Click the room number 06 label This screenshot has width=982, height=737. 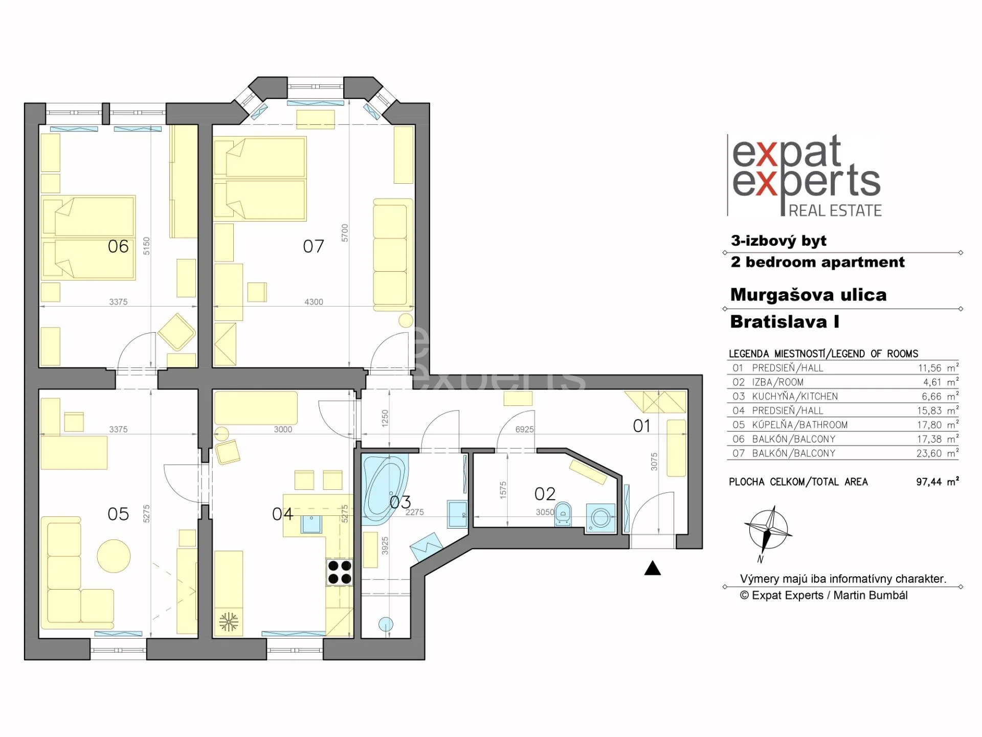coord(118,247)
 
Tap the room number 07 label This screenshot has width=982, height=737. coord(314,247)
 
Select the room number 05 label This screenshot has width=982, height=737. coord(118,514)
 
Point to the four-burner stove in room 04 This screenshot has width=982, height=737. coord(340,572)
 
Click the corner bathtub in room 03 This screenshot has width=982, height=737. coord(384,490)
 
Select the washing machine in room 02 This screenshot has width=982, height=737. coord(600,518)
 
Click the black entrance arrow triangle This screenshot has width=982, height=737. coord(652,568)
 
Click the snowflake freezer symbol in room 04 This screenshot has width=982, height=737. coord(228,622)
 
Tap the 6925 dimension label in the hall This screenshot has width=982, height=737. coord(524,430)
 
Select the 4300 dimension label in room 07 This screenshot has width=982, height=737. coord(314,302)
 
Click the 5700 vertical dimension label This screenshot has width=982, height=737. coord(345,233)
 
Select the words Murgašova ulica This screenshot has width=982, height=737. coord(808,295)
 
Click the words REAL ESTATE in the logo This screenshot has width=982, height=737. coord(835,210)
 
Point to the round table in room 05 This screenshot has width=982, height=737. coord(114,556)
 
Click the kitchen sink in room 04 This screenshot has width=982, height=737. coord(311,524)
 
